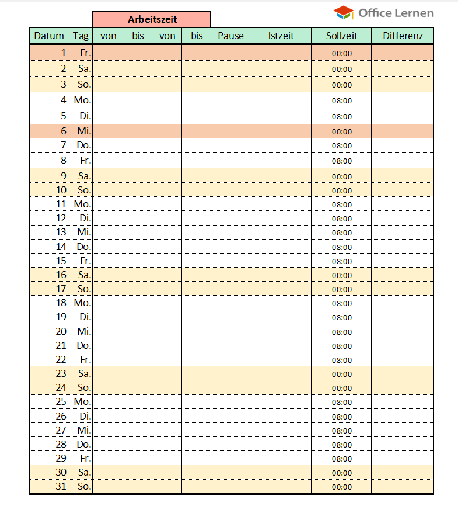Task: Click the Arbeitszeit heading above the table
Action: [x=152, y=19]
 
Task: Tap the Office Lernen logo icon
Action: [x=343, y=12]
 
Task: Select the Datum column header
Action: [x=49, y=36]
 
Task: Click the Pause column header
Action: [x=230, y=36]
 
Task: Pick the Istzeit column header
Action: [x=281, y=36]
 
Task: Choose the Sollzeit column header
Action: [x=341, y=36]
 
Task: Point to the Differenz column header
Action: [x=403, y=36]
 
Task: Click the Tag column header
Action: [x=81, y=36]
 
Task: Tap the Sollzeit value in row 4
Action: [x=342, y=100]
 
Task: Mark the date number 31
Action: [x=61, y=486]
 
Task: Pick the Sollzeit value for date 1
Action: [x=342, y=53]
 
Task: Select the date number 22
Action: [x=61, y=359]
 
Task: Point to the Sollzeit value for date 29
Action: [x=342, y=459]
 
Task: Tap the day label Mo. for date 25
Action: [x=82, y=402]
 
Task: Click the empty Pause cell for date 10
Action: [x=230, y=190]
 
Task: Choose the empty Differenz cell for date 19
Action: [x=403, y=317]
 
